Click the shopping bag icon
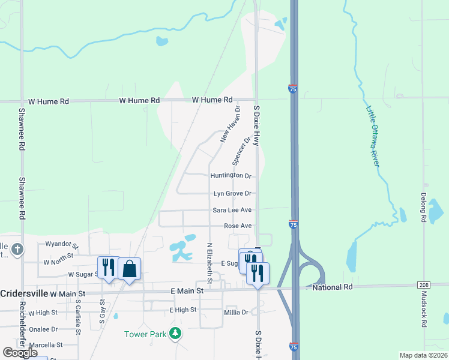(129, 268)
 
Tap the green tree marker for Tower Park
(175, 334)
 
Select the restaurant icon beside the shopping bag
(108, 266)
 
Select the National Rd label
(333, 288)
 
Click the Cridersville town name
(23, 293)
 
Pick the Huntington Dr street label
(231, 176)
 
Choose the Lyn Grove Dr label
(232, 193)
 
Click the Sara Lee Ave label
(232, 210)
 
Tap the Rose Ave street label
(238, 226)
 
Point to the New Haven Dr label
(230, 125)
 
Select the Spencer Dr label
(241, 151)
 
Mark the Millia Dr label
(236, 312)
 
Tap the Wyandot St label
(62, 245)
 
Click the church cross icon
(17, 249)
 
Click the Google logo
(20, 353)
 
